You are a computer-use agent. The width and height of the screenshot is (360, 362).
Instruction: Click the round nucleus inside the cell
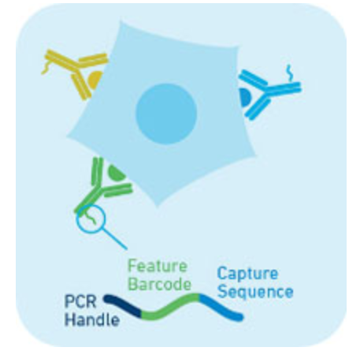coord(166,114)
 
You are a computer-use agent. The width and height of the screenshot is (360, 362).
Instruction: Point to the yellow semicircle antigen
coord(94,80)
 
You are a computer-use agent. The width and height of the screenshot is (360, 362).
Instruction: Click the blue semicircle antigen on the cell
coord(244,97)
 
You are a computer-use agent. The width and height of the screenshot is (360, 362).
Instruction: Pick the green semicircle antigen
coord(116,174)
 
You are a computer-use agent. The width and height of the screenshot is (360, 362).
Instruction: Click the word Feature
coord(158,266)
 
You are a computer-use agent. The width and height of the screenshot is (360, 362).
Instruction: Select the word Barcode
coord(160,284)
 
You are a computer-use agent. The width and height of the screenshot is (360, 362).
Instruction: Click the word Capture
coord(247,274)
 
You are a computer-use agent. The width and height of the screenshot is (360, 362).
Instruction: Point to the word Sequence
coord(255,292)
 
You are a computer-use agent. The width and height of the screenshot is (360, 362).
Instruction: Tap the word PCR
coord(80,301)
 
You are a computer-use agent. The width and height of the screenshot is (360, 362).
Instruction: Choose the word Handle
coord(92,320)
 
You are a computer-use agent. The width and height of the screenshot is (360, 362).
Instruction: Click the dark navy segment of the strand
coord(122,306)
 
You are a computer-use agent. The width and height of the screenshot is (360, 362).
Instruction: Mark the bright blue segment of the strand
coord(221,308)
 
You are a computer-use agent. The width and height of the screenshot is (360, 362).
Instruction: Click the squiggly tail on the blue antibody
coord(289,73)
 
